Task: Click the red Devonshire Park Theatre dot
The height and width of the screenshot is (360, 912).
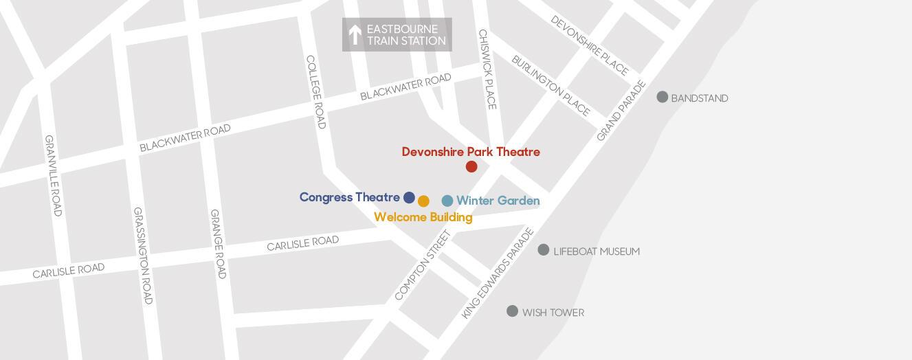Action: (x=471, y=166)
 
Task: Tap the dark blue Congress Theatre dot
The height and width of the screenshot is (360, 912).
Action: (x=409, y=198)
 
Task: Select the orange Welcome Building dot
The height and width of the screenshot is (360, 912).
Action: (x=423, y=201)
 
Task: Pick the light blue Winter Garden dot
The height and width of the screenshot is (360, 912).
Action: (x=447, y=201)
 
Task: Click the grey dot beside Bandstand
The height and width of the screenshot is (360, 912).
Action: (x=663, y=97)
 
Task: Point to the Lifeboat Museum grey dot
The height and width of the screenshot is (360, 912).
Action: (x=544, y=249)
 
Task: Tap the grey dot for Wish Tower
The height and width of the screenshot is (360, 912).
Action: (x=512, y=311)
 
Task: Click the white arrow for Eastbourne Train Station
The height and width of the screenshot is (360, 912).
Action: (x=355, y=34)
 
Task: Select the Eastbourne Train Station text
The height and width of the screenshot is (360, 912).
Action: (x=406, y=35)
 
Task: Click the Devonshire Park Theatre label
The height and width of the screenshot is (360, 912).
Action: (x=471, y=152)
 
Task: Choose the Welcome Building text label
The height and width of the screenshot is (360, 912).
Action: (x=423, y=217)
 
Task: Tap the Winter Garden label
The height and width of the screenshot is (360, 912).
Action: (x=498, y=201)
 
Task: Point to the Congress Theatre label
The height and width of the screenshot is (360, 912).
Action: (x=349, y=197)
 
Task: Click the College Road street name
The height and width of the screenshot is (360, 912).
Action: (x=315, y=91)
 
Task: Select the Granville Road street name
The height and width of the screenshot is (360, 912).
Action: (x=54, y=175)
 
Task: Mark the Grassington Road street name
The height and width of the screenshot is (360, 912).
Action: (x=143, y=256)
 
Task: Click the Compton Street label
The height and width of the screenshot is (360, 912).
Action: (x=423, y=265)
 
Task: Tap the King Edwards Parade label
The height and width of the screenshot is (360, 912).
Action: (x=498, y=273)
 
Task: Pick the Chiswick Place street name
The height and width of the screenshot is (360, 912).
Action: (x=487, y=69)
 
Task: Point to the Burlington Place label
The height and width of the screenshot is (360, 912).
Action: (x=551, y=86)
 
